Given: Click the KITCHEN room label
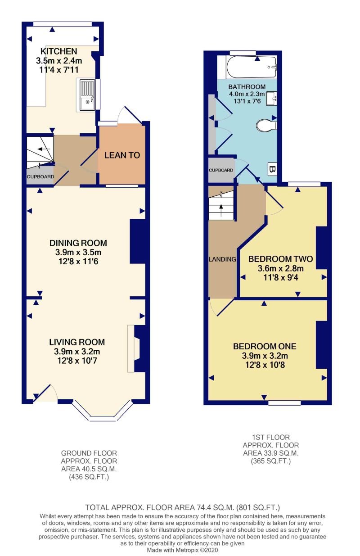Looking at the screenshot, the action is tap(59, 51).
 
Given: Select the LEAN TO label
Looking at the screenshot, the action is tap(122, 155).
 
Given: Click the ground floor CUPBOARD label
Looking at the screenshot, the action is tap(40, 177).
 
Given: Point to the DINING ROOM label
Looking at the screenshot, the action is tap(78, 243).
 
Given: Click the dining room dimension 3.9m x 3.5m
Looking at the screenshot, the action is tap(78, 253).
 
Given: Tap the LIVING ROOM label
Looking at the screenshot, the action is tap(77, 342).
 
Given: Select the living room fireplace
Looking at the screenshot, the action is tap(134, 349).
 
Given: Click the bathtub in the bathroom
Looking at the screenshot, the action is tap(251, 67).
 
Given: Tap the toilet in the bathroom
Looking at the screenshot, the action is tap(266, 125).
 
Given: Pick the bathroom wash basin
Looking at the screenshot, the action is tap(272, 99).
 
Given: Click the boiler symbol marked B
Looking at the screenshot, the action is tap(272, 169).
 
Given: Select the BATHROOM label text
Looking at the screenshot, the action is tap(247, 87).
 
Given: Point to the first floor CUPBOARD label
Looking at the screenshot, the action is tap(221, 170).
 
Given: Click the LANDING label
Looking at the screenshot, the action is tap(222, 259).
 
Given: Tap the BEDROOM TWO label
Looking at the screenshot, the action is tap(280, 259).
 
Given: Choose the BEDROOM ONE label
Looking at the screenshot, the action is tap(265, 347).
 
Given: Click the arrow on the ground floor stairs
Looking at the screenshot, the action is tap(45, 149).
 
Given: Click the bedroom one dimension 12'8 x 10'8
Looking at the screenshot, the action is tap(265, 365).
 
